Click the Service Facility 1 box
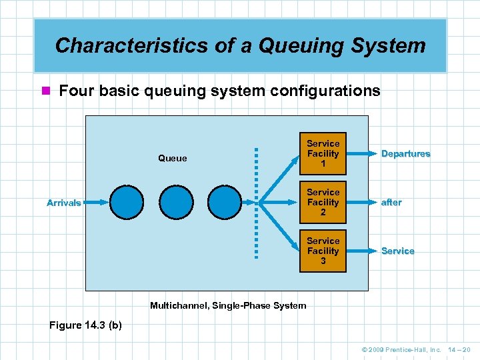[x=323, y=153]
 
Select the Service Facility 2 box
[x=323, y=202]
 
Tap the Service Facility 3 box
[x=323, y=251]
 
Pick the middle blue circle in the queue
[x=176, y=202]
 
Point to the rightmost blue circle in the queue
[x=225, y=202]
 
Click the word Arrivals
[x=64, y=203]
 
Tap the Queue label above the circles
[x=173, y=159]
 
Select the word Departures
[x=405, y=153]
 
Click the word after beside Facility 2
[x=391, y=202]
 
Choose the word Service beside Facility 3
[x=397, y=251]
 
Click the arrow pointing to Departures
[x=361, y=153]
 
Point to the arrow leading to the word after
[x=361, y=202]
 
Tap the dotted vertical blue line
[x=255, y=202]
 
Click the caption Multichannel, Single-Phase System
[x=228, y=305]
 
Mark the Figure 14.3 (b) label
[x=85, y=325]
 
